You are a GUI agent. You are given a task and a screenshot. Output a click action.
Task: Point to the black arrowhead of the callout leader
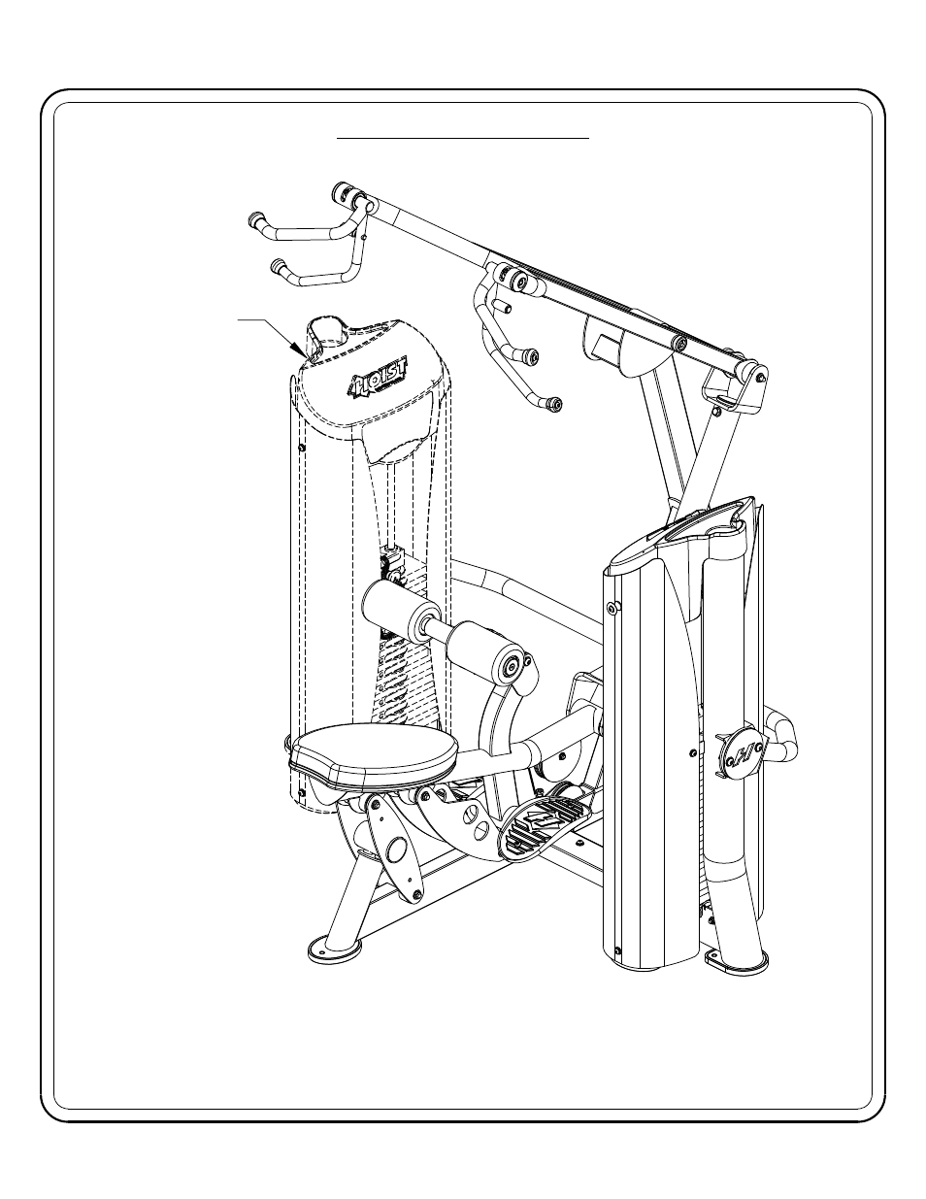(298, 350)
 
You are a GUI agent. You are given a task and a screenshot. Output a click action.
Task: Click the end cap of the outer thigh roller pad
(512, 668)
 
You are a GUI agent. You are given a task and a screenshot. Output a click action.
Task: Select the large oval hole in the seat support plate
(395, 850)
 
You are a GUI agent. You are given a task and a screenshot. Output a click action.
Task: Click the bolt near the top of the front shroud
(612, 608)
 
